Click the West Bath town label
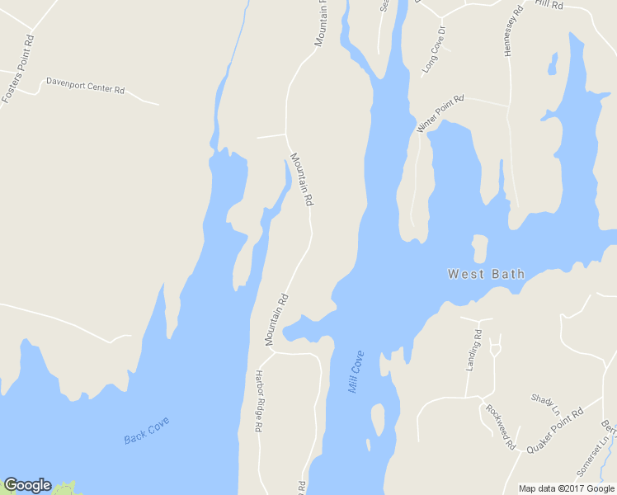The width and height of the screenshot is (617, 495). click(x=486, y=273)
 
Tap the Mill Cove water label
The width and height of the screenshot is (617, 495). click(x=356, y=372)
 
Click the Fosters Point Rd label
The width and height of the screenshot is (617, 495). click(x=18, y=68)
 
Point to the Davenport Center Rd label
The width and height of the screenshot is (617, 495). click(x=85, y=84)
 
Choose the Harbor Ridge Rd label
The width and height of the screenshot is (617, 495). click(x=257, y=400)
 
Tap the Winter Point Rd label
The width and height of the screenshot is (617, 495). click(x=440, y=113)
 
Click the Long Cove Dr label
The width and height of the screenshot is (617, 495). click(x=434, y=51)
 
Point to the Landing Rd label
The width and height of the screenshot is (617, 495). click(x=473, y=350)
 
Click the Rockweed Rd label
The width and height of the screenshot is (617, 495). click(x=500, y=427)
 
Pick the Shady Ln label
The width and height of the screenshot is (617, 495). click(x=545, y=404)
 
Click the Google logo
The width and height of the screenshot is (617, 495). click(x=27, y=485)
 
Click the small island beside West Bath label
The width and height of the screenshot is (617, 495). click(x=479, y=248)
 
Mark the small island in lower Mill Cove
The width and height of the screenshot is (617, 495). click(x=377, y=419)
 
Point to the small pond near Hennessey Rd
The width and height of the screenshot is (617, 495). click(x=553, y=63)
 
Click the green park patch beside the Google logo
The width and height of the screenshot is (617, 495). click(x=64, y=488)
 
